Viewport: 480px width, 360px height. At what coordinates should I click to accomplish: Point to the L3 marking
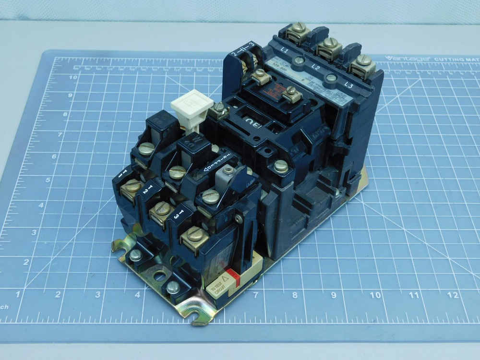(349, 85)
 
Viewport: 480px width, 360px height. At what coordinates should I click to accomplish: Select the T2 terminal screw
(162, 208)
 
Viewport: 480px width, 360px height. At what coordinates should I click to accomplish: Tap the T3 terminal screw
(194, 235)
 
